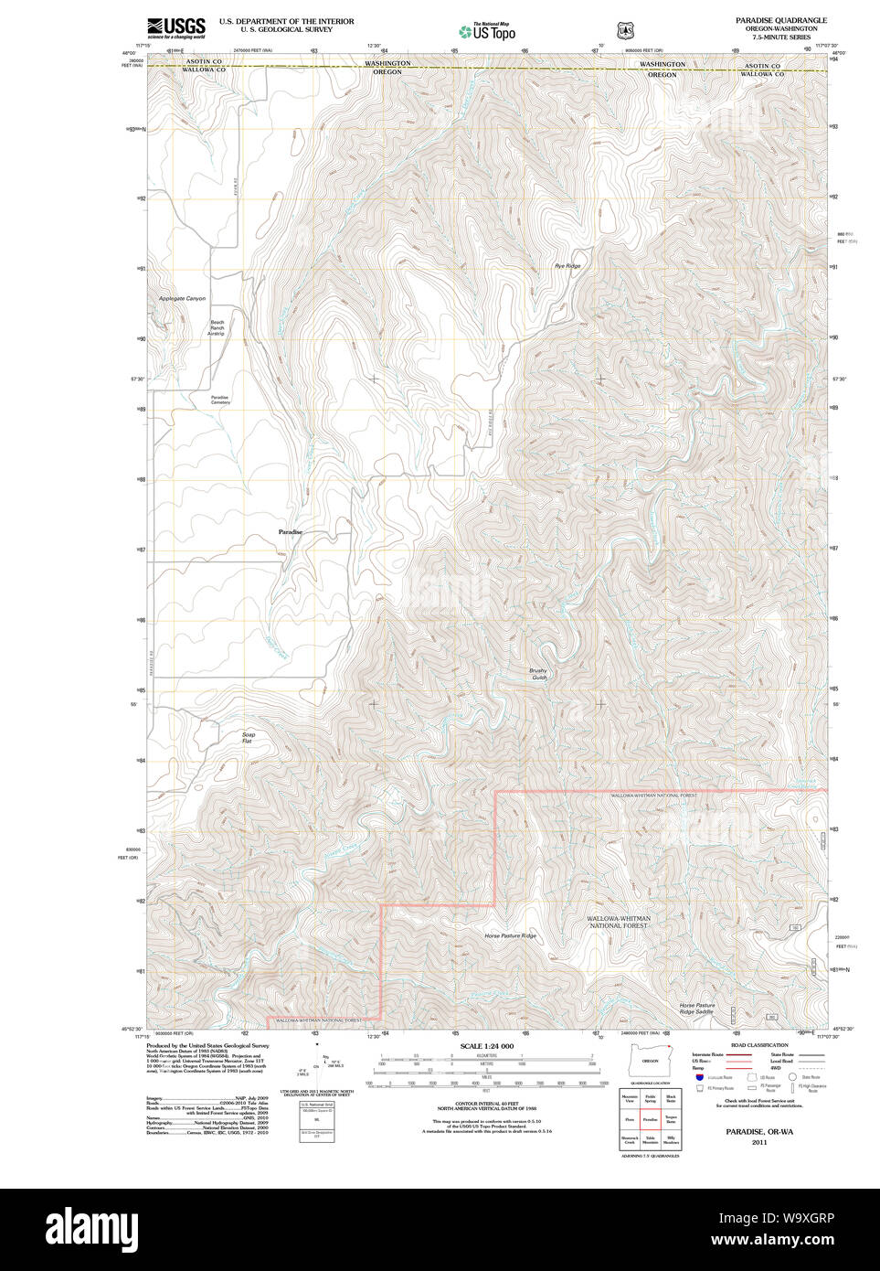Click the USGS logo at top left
[x=176, y=27]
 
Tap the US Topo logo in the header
[x=487, y=32]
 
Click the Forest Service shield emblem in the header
[x=625, y=31]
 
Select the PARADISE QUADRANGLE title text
[x=780, y=20]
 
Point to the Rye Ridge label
[x=567, y=266]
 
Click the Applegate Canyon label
[x=182, y=299]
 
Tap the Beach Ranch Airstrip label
[x=217, y=328]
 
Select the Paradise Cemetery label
[x=220, y=401]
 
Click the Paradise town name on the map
[x=290, y=532]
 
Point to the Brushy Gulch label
[x=538, y=674]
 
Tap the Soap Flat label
[x=248, y=737]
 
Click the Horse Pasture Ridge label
[x=510, y=936]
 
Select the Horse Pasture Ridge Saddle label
[x=696, y=1009]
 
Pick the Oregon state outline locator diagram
[x=650, y=1062]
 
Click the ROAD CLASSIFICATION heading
[x=758, y=1045]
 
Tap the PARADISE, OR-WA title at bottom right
[x=759, y=1132]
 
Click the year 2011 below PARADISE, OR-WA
[x=759, y=1142]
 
